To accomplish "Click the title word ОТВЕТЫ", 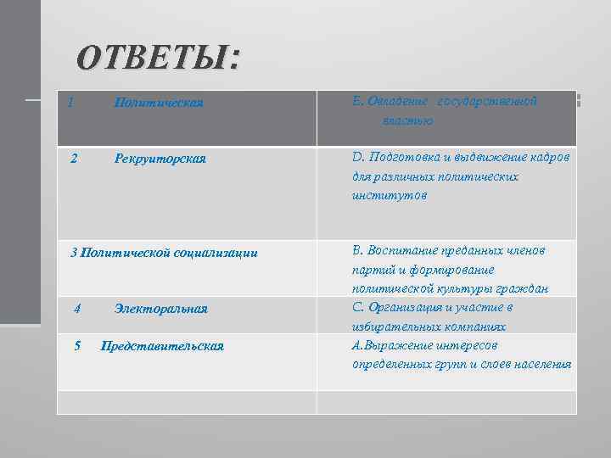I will tap(158, 59).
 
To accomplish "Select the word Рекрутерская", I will tap(160, 159).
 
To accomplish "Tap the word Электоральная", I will tap(161, 309).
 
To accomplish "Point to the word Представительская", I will tap(162, 346).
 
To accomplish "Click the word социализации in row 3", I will tap(216, 253).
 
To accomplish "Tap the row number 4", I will tap(77, 309).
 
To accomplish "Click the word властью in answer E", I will tap(408, 121).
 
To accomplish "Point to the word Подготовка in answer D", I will tap(406, 159).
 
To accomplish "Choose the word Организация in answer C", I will tap(412, 307).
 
